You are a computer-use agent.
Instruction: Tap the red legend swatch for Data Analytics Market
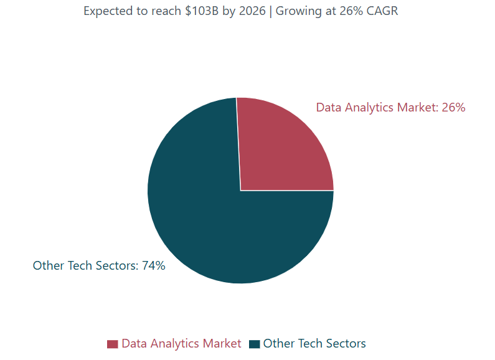click(x=113, y=344)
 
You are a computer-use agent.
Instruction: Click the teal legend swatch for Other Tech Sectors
click(x=254, y=344)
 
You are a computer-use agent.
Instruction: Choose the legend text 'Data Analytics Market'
click(x=181, y=343)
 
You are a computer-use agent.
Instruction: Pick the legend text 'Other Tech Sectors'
click(x=314, y=343)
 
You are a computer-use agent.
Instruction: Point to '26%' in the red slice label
click(x=453, y=107)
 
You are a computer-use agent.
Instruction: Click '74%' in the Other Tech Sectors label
click(x=153, y=266)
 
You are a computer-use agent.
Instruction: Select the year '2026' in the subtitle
click(x=252, y=11)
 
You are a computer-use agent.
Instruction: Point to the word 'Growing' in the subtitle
click(x=298, y=11)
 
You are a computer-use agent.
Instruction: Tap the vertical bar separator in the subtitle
click(x=271, y=11)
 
